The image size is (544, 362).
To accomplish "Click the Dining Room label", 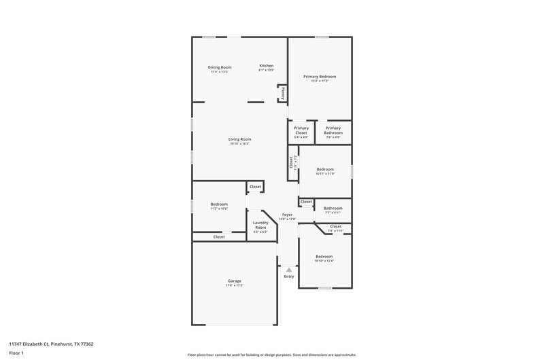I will point(220,67).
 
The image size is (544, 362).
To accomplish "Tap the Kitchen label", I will point(266,66).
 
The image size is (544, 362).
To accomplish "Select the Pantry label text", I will point(283,93).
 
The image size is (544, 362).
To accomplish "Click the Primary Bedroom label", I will point(320,77).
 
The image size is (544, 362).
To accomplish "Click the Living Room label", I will point(239,139).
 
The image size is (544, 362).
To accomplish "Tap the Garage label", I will point(234,280).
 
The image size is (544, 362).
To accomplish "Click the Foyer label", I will point(288,215).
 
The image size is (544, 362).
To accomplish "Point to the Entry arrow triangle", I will point(288,270).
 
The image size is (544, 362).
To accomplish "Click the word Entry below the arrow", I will point(289,276).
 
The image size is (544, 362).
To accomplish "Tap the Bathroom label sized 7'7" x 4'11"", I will point(333,209).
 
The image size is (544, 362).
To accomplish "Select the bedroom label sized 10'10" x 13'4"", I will point(324,256).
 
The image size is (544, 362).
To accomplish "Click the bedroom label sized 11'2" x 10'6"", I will point(218,204).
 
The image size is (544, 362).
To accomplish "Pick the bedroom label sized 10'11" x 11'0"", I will point(324,169).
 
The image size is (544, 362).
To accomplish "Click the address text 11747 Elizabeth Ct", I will point(51,344).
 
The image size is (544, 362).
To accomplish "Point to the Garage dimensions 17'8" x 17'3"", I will point(234,285).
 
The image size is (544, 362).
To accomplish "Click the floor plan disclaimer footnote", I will point(272,355).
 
